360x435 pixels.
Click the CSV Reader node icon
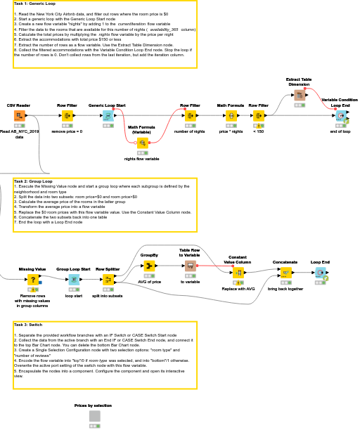click(x=19, y=116)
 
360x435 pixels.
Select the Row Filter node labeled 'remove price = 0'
click(x=67, y=116)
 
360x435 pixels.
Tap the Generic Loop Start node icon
click(x=107, y=116)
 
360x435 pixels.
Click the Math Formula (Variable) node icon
click(x=141, y=142)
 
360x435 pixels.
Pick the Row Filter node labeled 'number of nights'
click(x=189, y=116)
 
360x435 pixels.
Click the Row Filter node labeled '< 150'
click(x=259, y=116)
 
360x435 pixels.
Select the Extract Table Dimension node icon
click(x=299, y=95)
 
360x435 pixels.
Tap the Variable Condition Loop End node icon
click(x=340, y=116)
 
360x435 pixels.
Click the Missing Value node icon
click(x=32, y=279)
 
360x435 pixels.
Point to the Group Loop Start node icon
click(x=73, y=279)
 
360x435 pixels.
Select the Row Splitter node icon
click(x=108, y=279)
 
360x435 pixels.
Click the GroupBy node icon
click(x=149, y=266)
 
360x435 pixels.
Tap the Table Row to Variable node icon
click(x=190, y=266)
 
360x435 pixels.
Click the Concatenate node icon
click(x=285, y=273)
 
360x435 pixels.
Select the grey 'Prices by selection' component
click(x=94, y=416)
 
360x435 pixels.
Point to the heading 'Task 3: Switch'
click(x=28, y=325)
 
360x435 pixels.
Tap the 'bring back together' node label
click(x=285, y=289)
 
